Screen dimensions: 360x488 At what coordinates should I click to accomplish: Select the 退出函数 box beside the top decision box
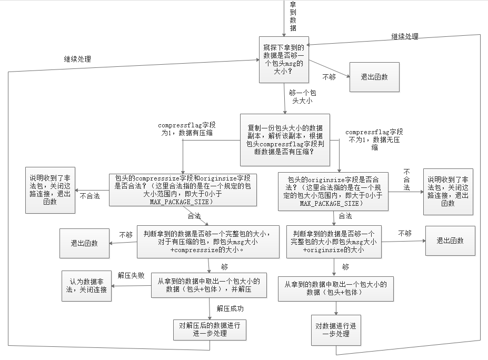(x=374, y=77)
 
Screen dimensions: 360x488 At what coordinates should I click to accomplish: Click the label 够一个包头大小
(x=302, y=96)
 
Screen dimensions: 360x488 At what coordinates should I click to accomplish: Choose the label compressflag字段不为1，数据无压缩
(x=374, y=139)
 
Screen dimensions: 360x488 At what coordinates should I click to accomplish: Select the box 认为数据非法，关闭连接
(x=87, y=286)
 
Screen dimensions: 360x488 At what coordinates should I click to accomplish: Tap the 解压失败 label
(x=131, y=275)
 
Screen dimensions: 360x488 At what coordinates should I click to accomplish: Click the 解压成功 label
(x=230, y=308)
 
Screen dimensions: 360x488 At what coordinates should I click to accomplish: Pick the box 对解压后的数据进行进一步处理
(x=210, y=330)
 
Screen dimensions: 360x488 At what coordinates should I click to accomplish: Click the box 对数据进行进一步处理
(x=336, y=329)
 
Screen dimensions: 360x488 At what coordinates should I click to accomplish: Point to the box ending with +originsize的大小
(x=334, y=242)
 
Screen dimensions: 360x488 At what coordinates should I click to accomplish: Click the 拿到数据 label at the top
(x=293, y=16)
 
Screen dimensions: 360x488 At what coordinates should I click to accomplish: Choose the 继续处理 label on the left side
(x=77, y=59)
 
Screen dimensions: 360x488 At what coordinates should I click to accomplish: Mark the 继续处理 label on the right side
(x=404, y=36)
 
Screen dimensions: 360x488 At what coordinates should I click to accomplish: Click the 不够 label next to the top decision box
(x=329, y=77)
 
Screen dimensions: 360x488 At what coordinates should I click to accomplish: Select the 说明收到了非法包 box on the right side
(x=448, y=191)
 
